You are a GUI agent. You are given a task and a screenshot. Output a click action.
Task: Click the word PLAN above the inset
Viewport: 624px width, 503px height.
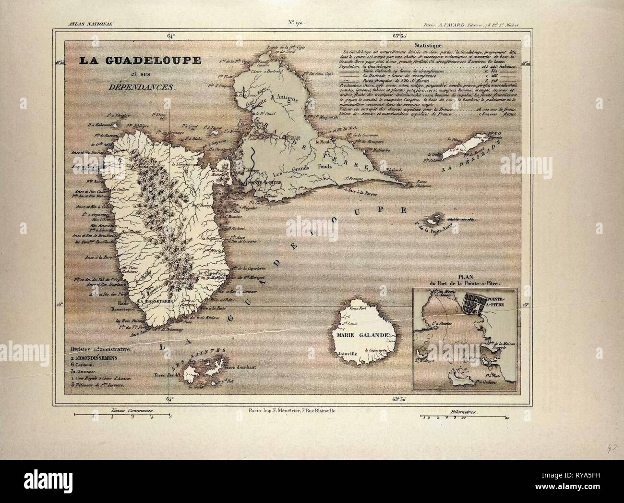451,278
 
